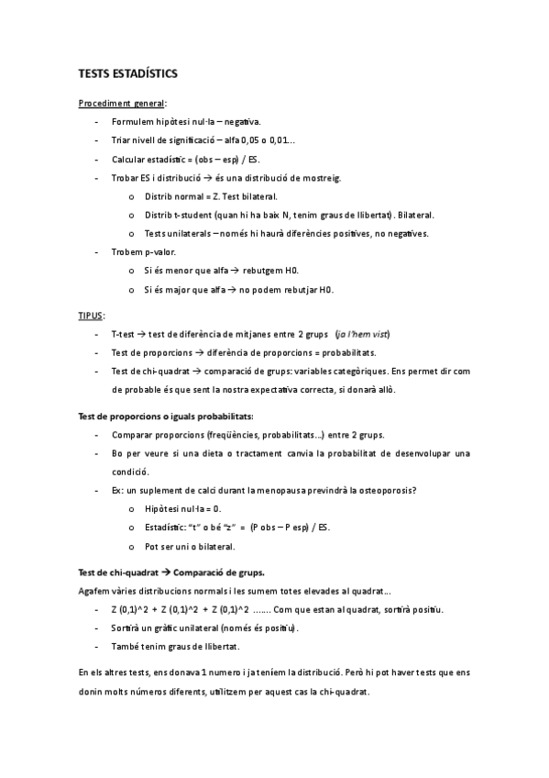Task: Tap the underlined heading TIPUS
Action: (x=91, y=315)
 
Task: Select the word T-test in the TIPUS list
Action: (x=125, y=334)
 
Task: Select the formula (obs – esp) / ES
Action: (x=225, y=159)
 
